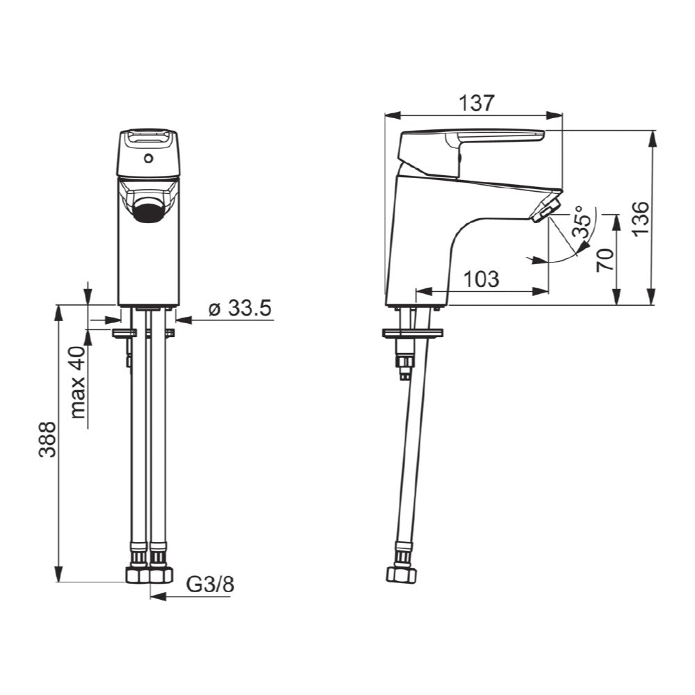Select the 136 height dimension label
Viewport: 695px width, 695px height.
[639, 218]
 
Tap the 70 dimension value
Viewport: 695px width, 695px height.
[605, 260]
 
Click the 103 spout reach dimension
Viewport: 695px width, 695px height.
[481, 279]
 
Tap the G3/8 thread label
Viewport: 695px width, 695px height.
[210, 585]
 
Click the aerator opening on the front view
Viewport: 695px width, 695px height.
[148, 210]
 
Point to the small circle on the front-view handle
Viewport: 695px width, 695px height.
[147, 159]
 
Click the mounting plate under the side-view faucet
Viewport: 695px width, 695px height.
[411, 333]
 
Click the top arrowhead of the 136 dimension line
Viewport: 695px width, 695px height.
[653, 136]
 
